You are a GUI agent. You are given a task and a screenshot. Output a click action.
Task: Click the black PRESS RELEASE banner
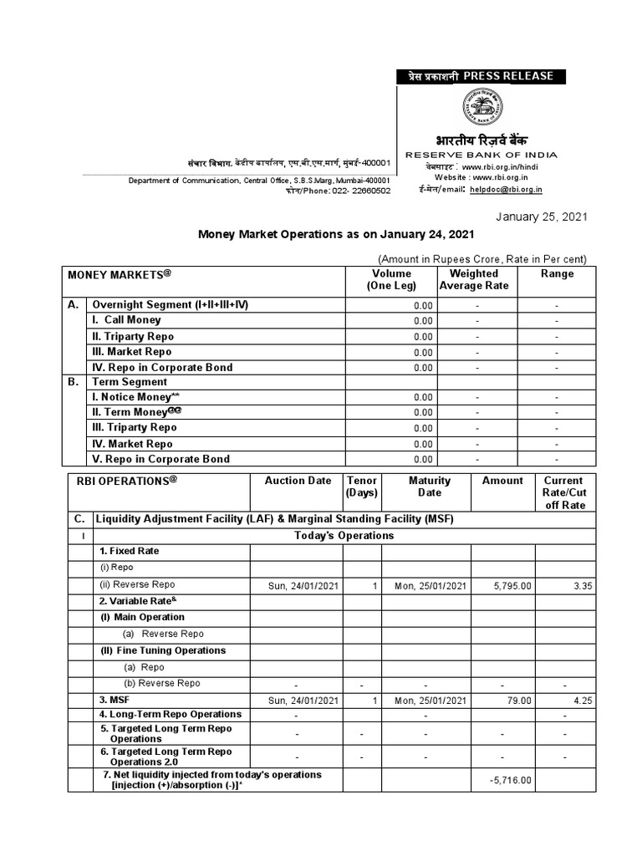pyautogui.click(x=481, y=76)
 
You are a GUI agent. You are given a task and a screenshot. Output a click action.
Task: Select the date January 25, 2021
pyautogui.click(x=542, y=217)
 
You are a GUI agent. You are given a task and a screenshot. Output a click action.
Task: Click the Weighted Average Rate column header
pyautogui.click(x=473, y=279)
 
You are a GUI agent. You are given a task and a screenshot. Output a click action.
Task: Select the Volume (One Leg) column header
pyautogui.click(x=391, y=279)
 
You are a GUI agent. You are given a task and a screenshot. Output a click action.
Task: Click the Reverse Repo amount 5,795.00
pyautogui.click(x=512, y=586)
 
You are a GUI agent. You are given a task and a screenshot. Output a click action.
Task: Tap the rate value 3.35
pyautogui.click(x=583, y=586)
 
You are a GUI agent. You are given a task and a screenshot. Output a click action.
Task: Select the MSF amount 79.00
pyautogui.click(x=517, y=700)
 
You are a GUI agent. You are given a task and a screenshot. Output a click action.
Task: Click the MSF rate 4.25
pyautogui.click(x=583, y=700)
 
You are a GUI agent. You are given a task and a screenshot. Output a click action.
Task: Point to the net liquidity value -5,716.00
pyautogui.click(x=510, y=780)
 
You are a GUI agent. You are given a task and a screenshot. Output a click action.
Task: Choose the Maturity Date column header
pyautogui.click(x=430, y=487)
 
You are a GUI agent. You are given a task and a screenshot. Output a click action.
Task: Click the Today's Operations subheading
pyautogui.click(x=344, y=535)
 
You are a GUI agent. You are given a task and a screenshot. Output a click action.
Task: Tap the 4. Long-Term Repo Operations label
pyautogui.click(x=170, y=714)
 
